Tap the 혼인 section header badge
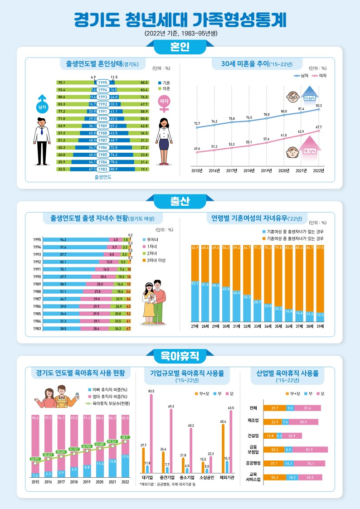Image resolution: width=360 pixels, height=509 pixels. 180,47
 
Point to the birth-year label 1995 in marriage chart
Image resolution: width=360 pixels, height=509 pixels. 103,82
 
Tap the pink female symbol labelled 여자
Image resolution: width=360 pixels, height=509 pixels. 163,103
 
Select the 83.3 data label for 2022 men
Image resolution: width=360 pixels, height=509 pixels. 319,105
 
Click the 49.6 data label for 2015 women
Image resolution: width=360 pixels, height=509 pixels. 197,148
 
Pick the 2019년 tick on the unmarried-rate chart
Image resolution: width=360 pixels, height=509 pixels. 267,171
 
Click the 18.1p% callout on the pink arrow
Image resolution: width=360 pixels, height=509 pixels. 309,151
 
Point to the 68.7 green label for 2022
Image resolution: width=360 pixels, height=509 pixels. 125,437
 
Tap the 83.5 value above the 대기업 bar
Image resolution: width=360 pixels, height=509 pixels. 151,391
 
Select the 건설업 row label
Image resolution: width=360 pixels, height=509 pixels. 254,436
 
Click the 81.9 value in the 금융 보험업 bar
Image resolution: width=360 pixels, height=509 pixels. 310,450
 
